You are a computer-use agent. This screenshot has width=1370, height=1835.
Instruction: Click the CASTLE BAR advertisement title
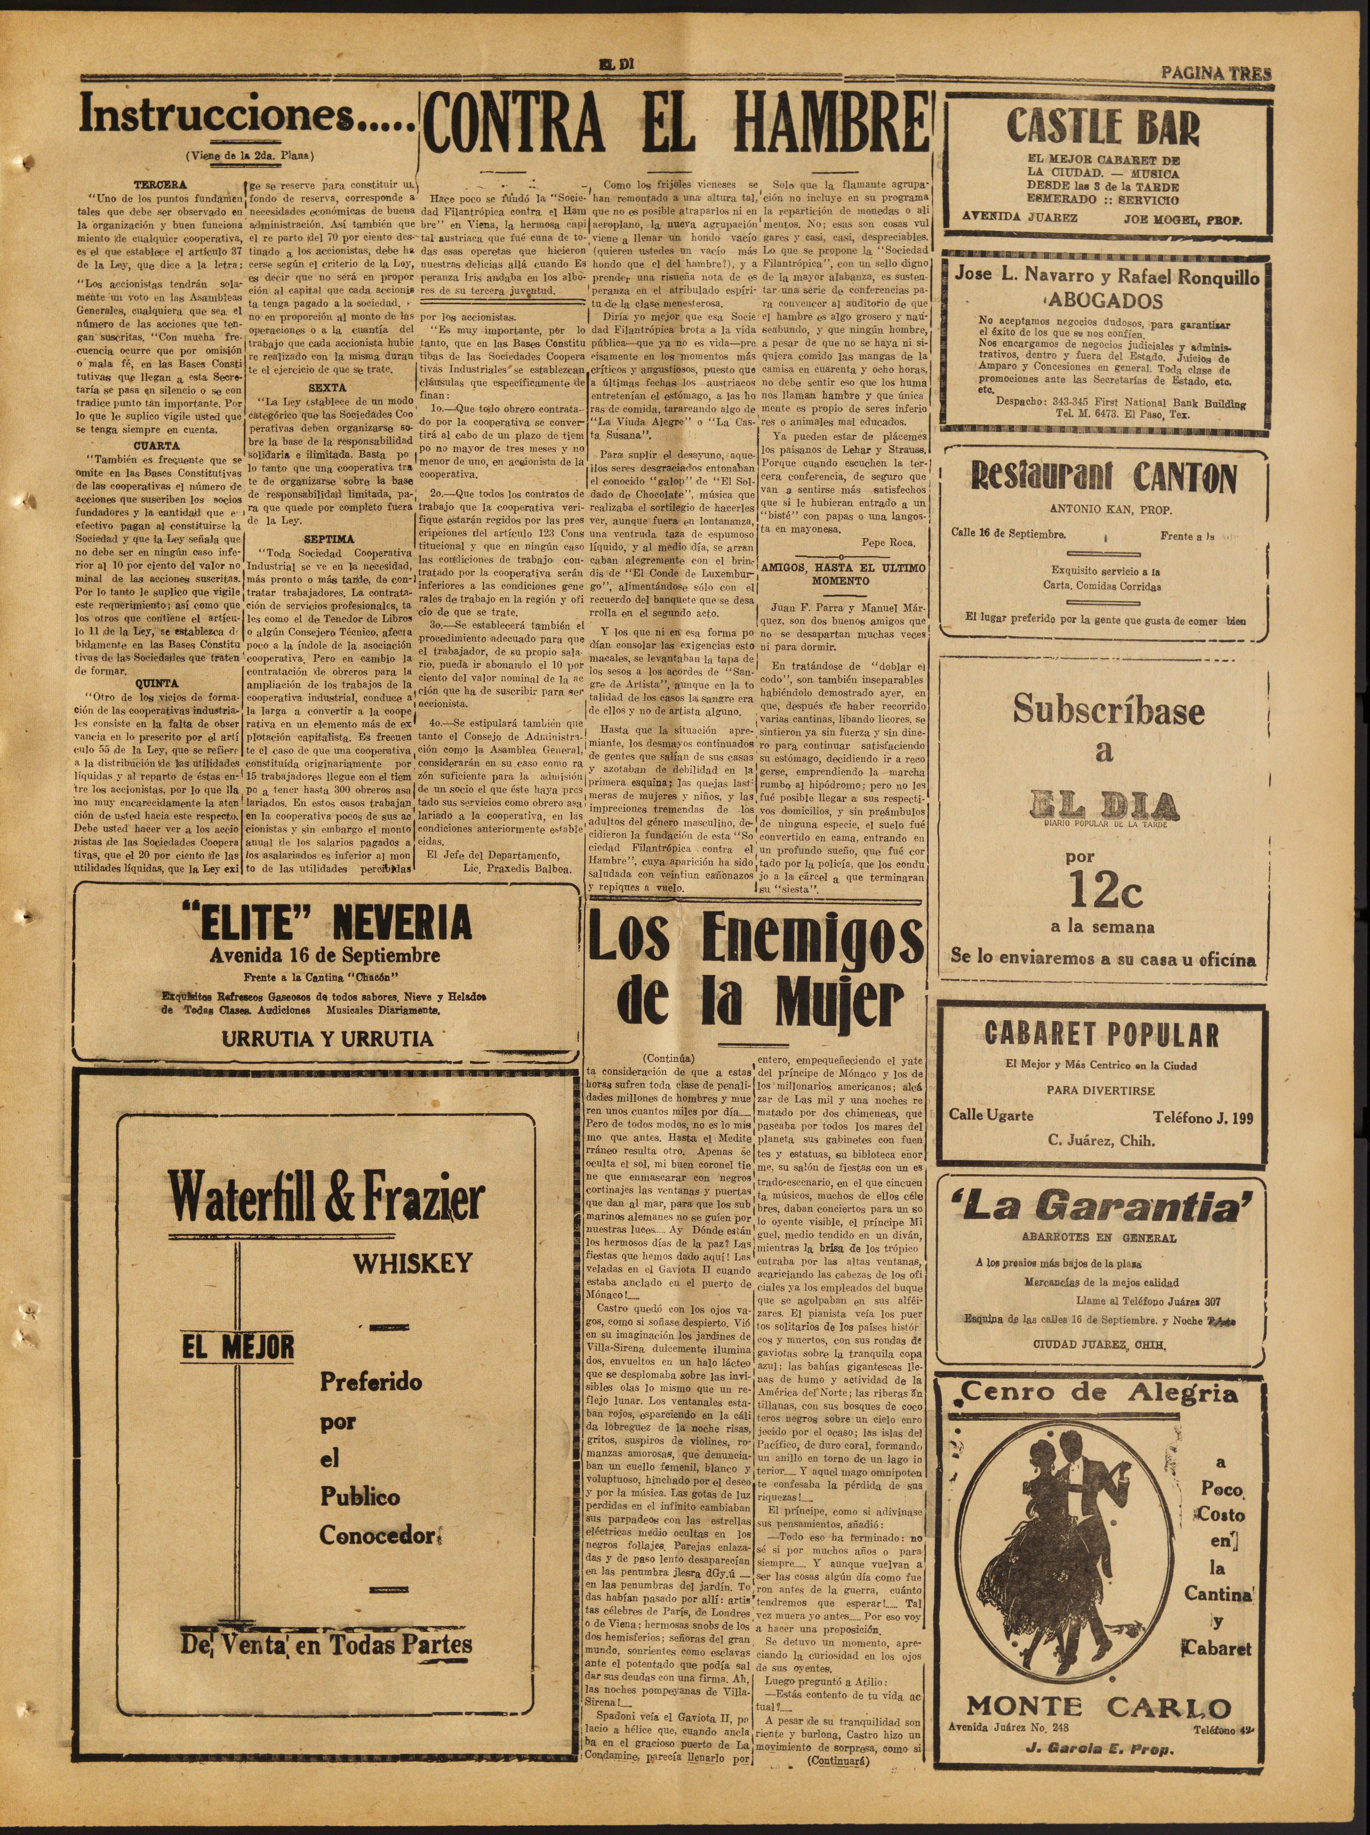coord(1103,126)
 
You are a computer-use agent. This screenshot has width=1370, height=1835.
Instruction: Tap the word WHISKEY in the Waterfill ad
coord(414,1263)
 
